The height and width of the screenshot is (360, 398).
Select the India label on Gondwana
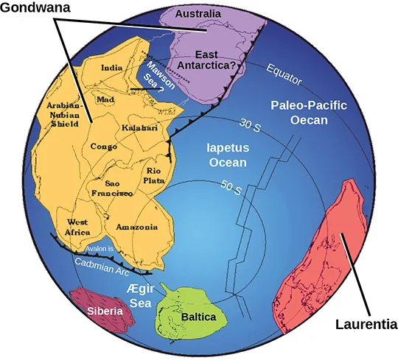[x=111, y=68]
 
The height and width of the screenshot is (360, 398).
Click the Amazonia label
[x=136, y=227]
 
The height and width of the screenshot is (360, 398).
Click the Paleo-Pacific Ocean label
[x=308, y=112]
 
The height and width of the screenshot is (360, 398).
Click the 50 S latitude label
[x=231, y=188]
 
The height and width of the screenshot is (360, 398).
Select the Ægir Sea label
[x=141, y=294]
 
